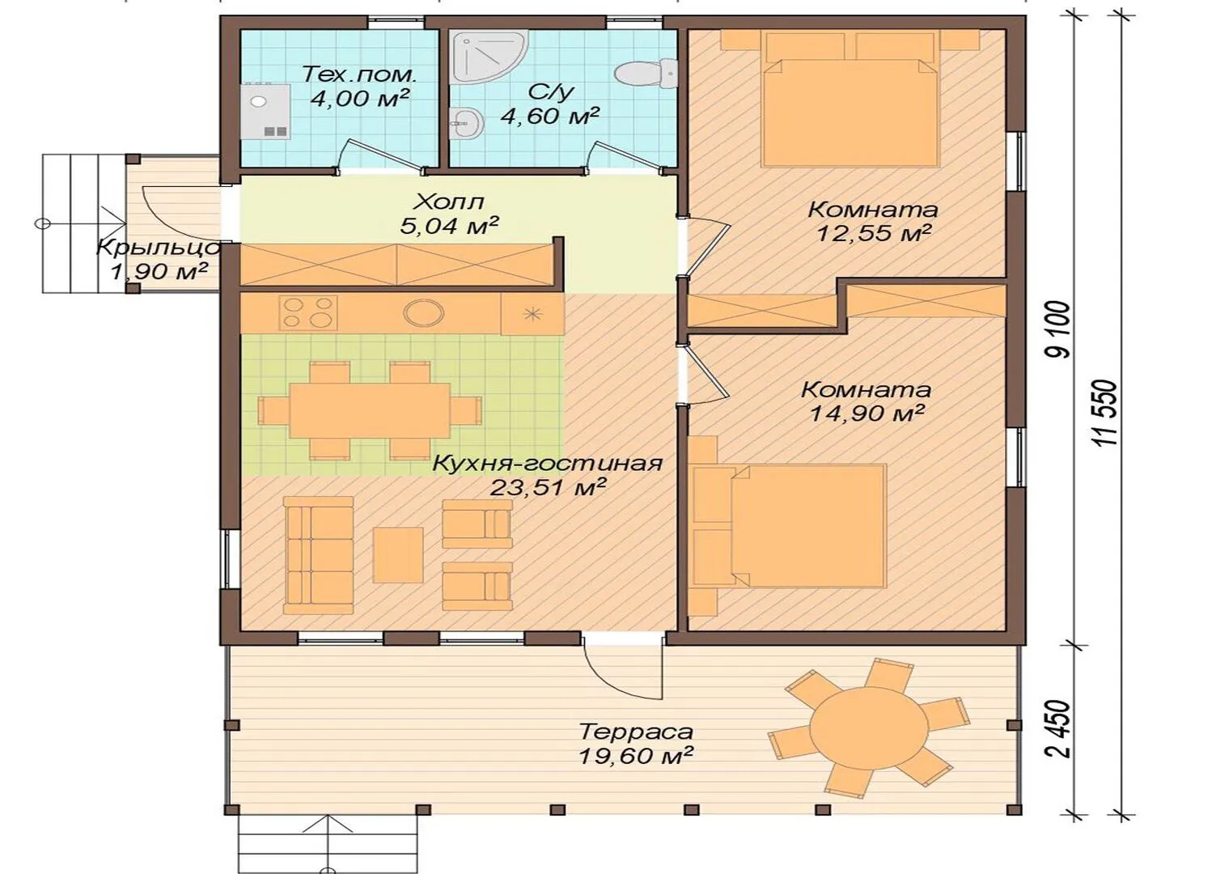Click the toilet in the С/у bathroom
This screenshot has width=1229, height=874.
(x=646, y=74)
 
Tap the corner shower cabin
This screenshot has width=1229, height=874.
(x=489, y=57)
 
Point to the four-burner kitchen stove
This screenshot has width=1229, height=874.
(x=307, y=312)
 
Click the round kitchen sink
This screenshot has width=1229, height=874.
(x=424, y=312)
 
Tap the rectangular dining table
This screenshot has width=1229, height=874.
(x=370, y=409)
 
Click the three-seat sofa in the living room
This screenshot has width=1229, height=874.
(x=318, y=554)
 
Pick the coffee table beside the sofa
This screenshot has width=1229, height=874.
(x=398, y=554)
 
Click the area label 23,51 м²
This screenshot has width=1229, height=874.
(x=548, y=486)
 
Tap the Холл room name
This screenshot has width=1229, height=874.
(x=449, y=202)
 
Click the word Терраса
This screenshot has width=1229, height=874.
(x=636, y=732)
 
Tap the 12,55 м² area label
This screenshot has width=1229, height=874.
(x=875, y=233)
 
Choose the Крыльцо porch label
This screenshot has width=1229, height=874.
(x=159, y=248)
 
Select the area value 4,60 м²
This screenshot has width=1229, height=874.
(x=549, y=116)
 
